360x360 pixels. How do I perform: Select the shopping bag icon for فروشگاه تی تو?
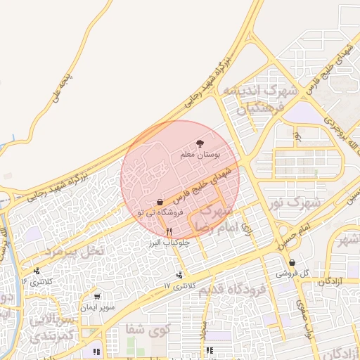161,202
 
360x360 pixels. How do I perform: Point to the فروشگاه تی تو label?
161,212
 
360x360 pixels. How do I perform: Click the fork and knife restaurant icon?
168,231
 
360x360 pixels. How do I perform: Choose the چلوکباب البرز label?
165,242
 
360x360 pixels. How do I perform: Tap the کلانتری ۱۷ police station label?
177,285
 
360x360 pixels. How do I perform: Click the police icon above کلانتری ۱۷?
181,275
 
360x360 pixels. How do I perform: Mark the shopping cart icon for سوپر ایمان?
96,297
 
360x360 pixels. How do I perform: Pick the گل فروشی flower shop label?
288,271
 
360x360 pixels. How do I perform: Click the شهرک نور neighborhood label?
294,202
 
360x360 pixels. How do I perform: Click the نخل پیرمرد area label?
74,250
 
